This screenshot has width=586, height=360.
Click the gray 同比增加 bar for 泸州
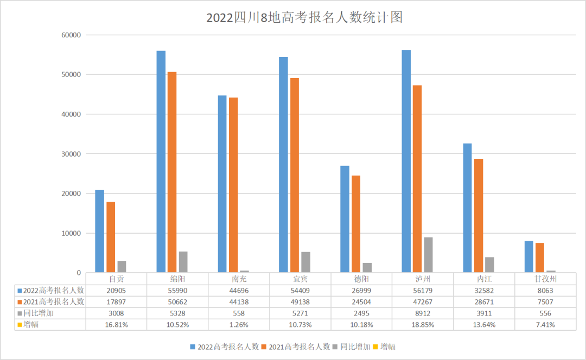pyautogui.click(x=429, y=255)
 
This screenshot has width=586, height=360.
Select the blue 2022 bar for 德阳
pyautogui.click(x=345, y=219)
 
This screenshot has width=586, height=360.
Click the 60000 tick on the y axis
pyautogui.click(x=71, y=35)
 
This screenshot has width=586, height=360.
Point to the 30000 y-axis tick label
pyautogui.click(x=71, y=154)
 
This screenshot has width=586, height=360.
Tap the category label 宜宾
pyautogui.click(x=300, y=279)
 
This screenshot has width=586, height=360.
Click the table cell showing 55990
pyautogui.click(x=177, y=291)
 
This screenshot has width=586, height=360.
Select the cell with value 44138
pyautogui.click(x=238, y=302)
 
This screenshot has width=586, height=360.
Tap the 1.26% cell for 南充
pyautogui.click(x=238, y=325)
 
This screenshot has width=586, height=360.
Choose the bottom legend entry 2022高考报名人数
pyautogui.click(x=224, y=346)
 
